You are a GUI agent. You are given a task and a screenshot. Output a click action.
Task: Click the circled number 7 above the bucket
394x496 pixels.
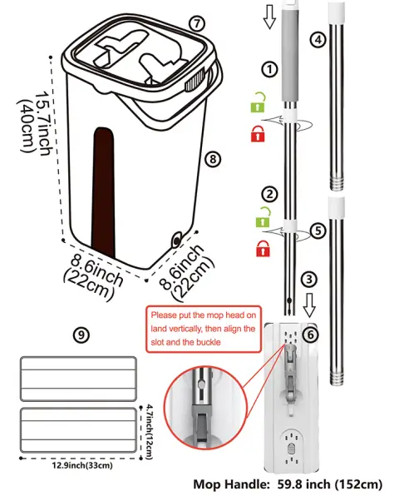(195, 24)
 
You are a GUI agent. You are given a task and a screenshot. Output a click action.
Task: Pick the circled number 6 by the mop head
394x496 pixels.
(310, 335)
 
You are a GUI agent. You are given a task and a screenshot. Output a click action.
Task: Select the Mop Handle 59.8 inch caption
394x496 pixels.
(288, 484)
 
